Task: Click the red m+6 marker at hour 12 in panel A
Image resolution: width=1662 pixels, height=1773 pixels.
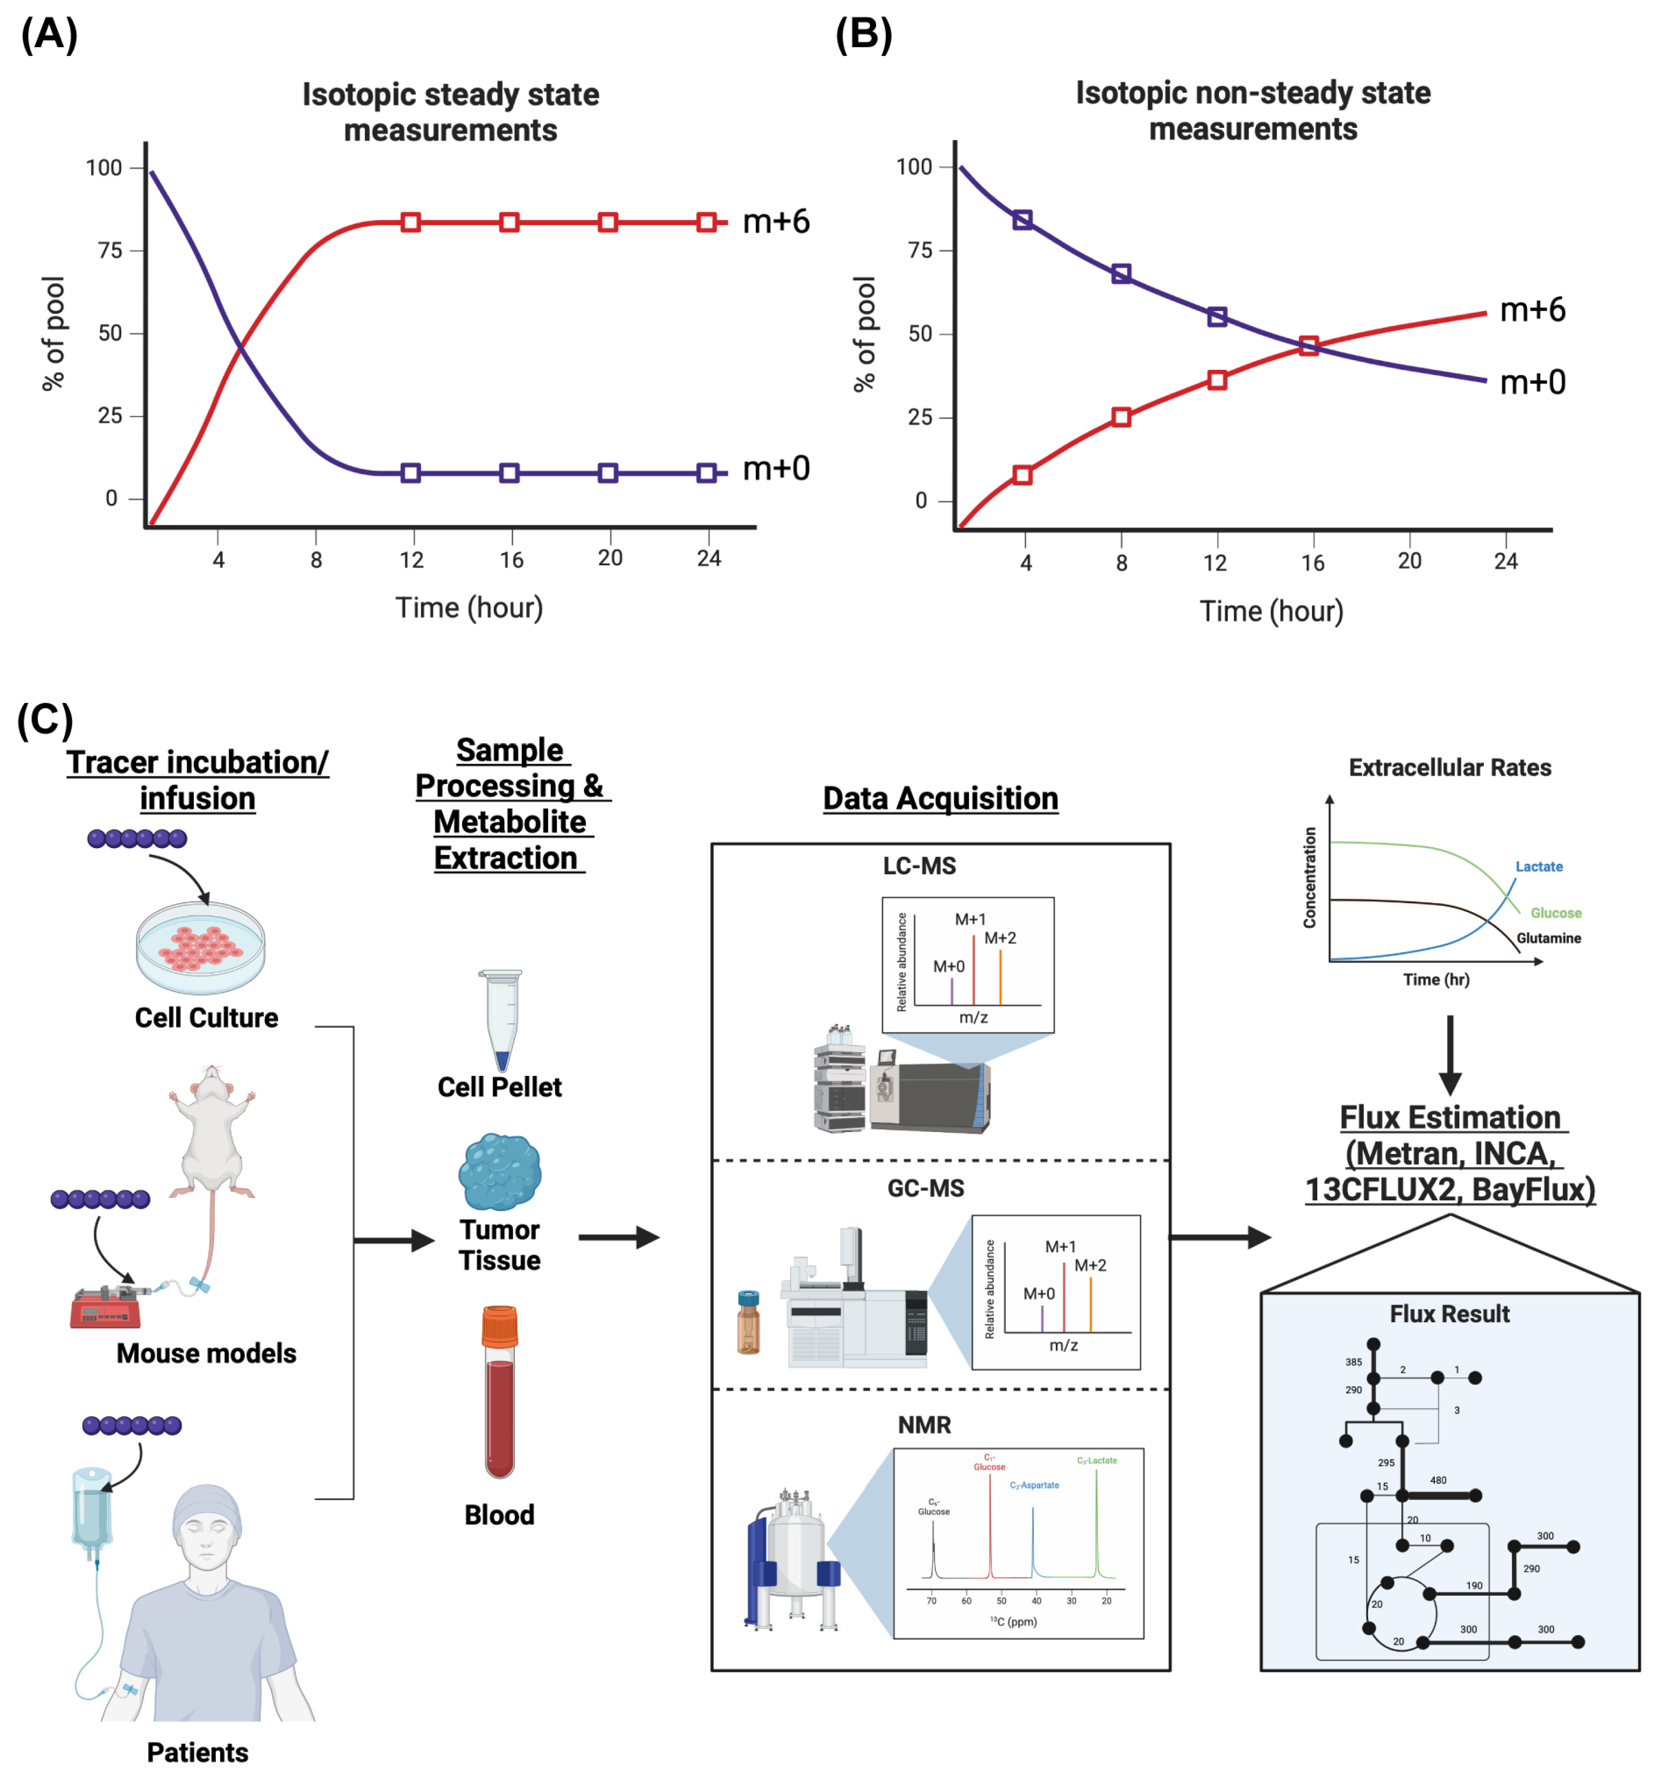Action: (x=410, y=222)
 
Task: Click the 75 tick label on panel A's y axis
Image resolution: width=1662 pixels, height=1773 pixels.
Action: (x=111, y=251)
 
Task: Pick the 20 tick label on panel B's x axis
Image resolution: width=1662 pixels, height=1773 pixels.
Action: (x=1409, y=561)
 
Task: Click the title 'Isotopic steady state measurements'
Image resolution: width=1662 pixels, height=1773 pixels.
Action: (x=450, y=111)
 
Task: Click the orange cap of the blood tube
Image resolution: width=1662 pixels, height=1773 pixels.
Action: (x=499, y=1326)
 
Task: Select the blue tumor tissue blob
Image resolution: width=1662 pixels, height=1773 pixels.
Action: (x=499, y=1171)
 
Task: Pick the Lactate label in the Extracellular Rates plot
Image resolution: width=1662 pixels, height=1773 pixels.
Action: (x=1538, y=867)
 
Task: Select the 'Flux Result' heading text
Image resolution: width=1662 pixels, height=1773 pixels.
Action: (x=1449, y=1314)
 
